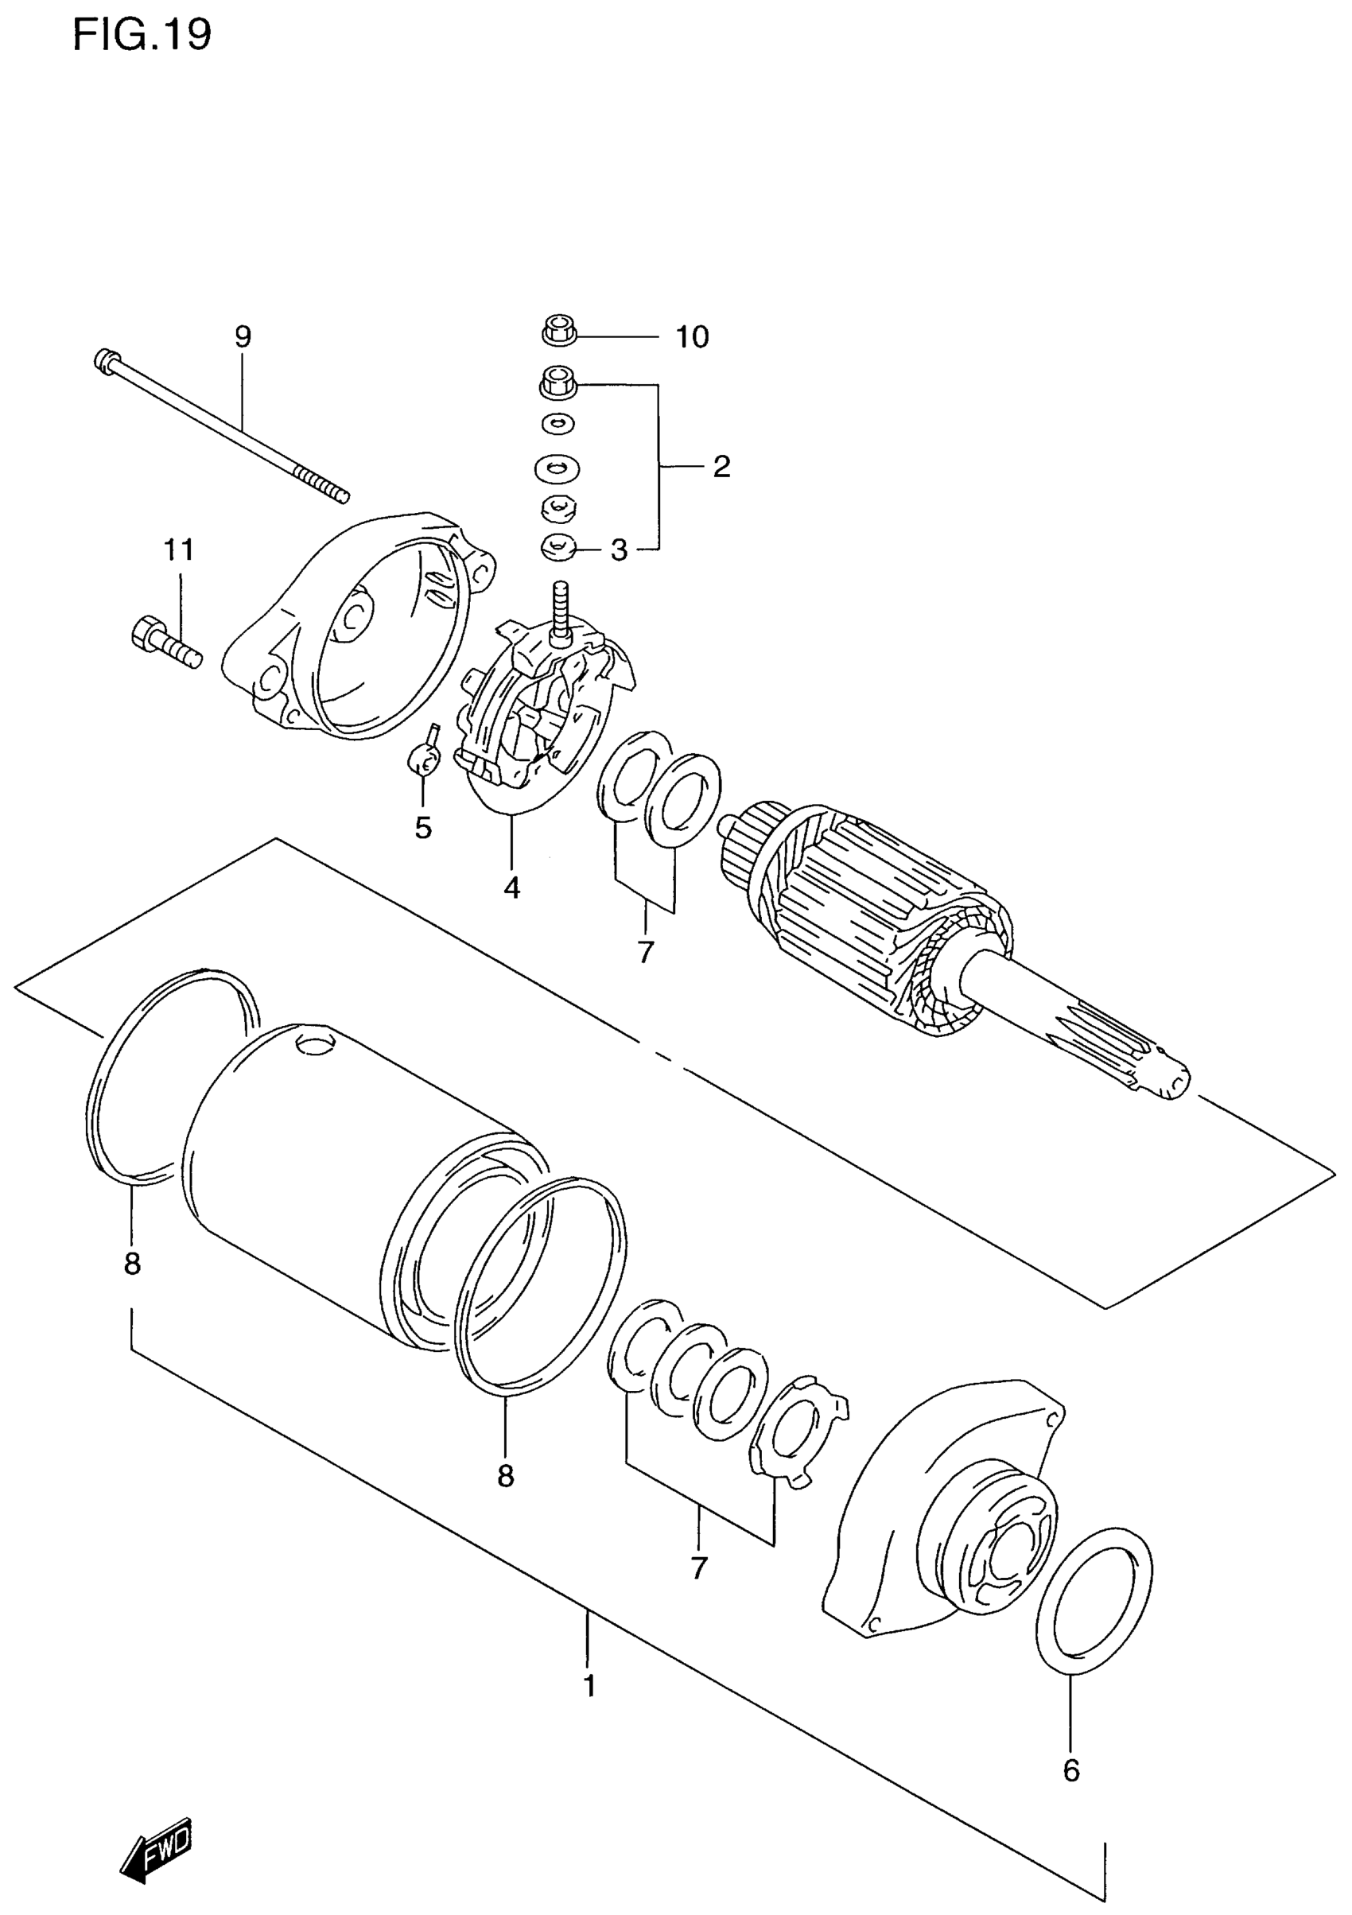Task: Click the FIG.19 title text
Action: pyautogui.click(x=142, y=35)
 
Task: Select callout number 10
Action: pyautogui.click(x=691, y=337)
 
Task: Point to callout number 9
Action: pyautogui.click(x=242, y=337)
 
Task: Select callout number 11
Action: pyautogui.click(x=178, y=550)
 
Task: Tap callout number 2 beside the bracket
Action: pyautogui.click(x=721, y=466)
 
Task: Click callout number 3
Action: pyautogui.click(x=619, y=550)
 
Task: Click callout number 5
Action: pyautogui.click(x=423, y=828)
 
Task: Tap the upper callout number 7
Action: pyautogui.click(x=646, y=952)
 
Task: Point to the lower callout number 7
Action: pyautogui.click(x=699, y=1568)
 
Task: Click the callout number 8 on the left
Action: pyautogui.click(x=132, y=1264)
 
